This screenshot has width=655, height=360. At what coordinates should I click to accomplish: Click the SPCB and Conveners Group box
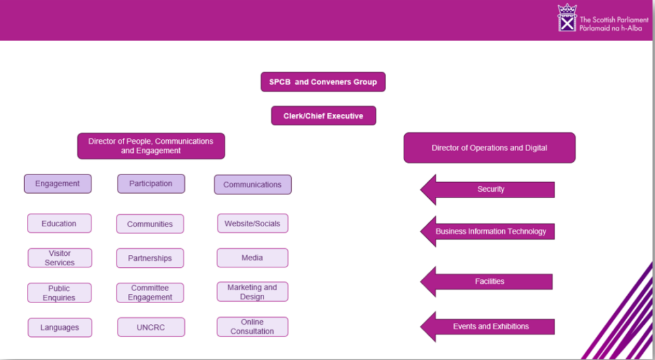323,82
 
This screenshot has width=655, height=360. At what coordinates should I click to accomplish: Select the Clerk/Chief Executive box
323,116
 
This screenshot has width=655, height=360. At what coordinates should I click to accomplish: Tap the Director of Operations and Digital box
489,148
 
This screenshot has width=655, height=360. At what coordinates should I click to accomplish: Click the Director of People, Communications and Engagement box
151,146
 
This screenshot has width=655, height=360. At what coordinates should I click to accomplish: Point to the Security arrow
490,189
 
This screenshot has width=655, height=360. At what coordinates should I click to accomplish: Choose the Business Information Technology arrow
490,231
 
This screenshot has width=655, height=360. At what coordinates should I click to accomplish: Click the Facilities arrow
489,281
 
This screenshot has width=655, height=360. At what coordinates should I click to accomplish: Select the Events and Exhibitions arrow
490,327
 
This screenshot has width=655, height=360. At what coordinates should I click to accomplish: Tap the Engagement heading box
58,184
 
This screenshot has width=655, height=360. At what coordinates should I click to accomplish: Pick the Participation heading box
151,184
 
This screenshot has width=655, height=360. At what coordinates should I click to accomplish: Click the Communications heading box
252,185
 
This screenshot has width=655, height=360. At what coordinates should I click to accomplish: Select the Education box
59,224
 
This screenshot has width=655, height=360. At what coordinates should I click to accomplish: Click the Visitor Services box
59,258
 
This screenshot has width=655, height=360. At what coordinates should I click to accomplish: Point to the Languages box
59,327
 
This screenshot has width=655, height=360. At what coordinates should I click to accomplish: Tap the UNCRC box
151,327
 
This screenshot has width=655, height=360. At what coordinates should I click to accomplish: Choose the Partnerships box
150,258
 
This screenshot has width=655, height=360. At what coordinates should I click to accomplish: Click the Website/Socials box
252,224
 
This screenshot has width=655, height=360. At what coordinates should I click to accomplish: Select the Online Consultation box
252,327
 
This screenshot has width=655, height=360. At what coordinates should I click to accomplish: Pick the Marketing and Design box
252,292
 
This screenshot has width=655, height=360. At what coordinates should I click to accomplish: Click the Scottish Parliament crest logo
567,18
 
